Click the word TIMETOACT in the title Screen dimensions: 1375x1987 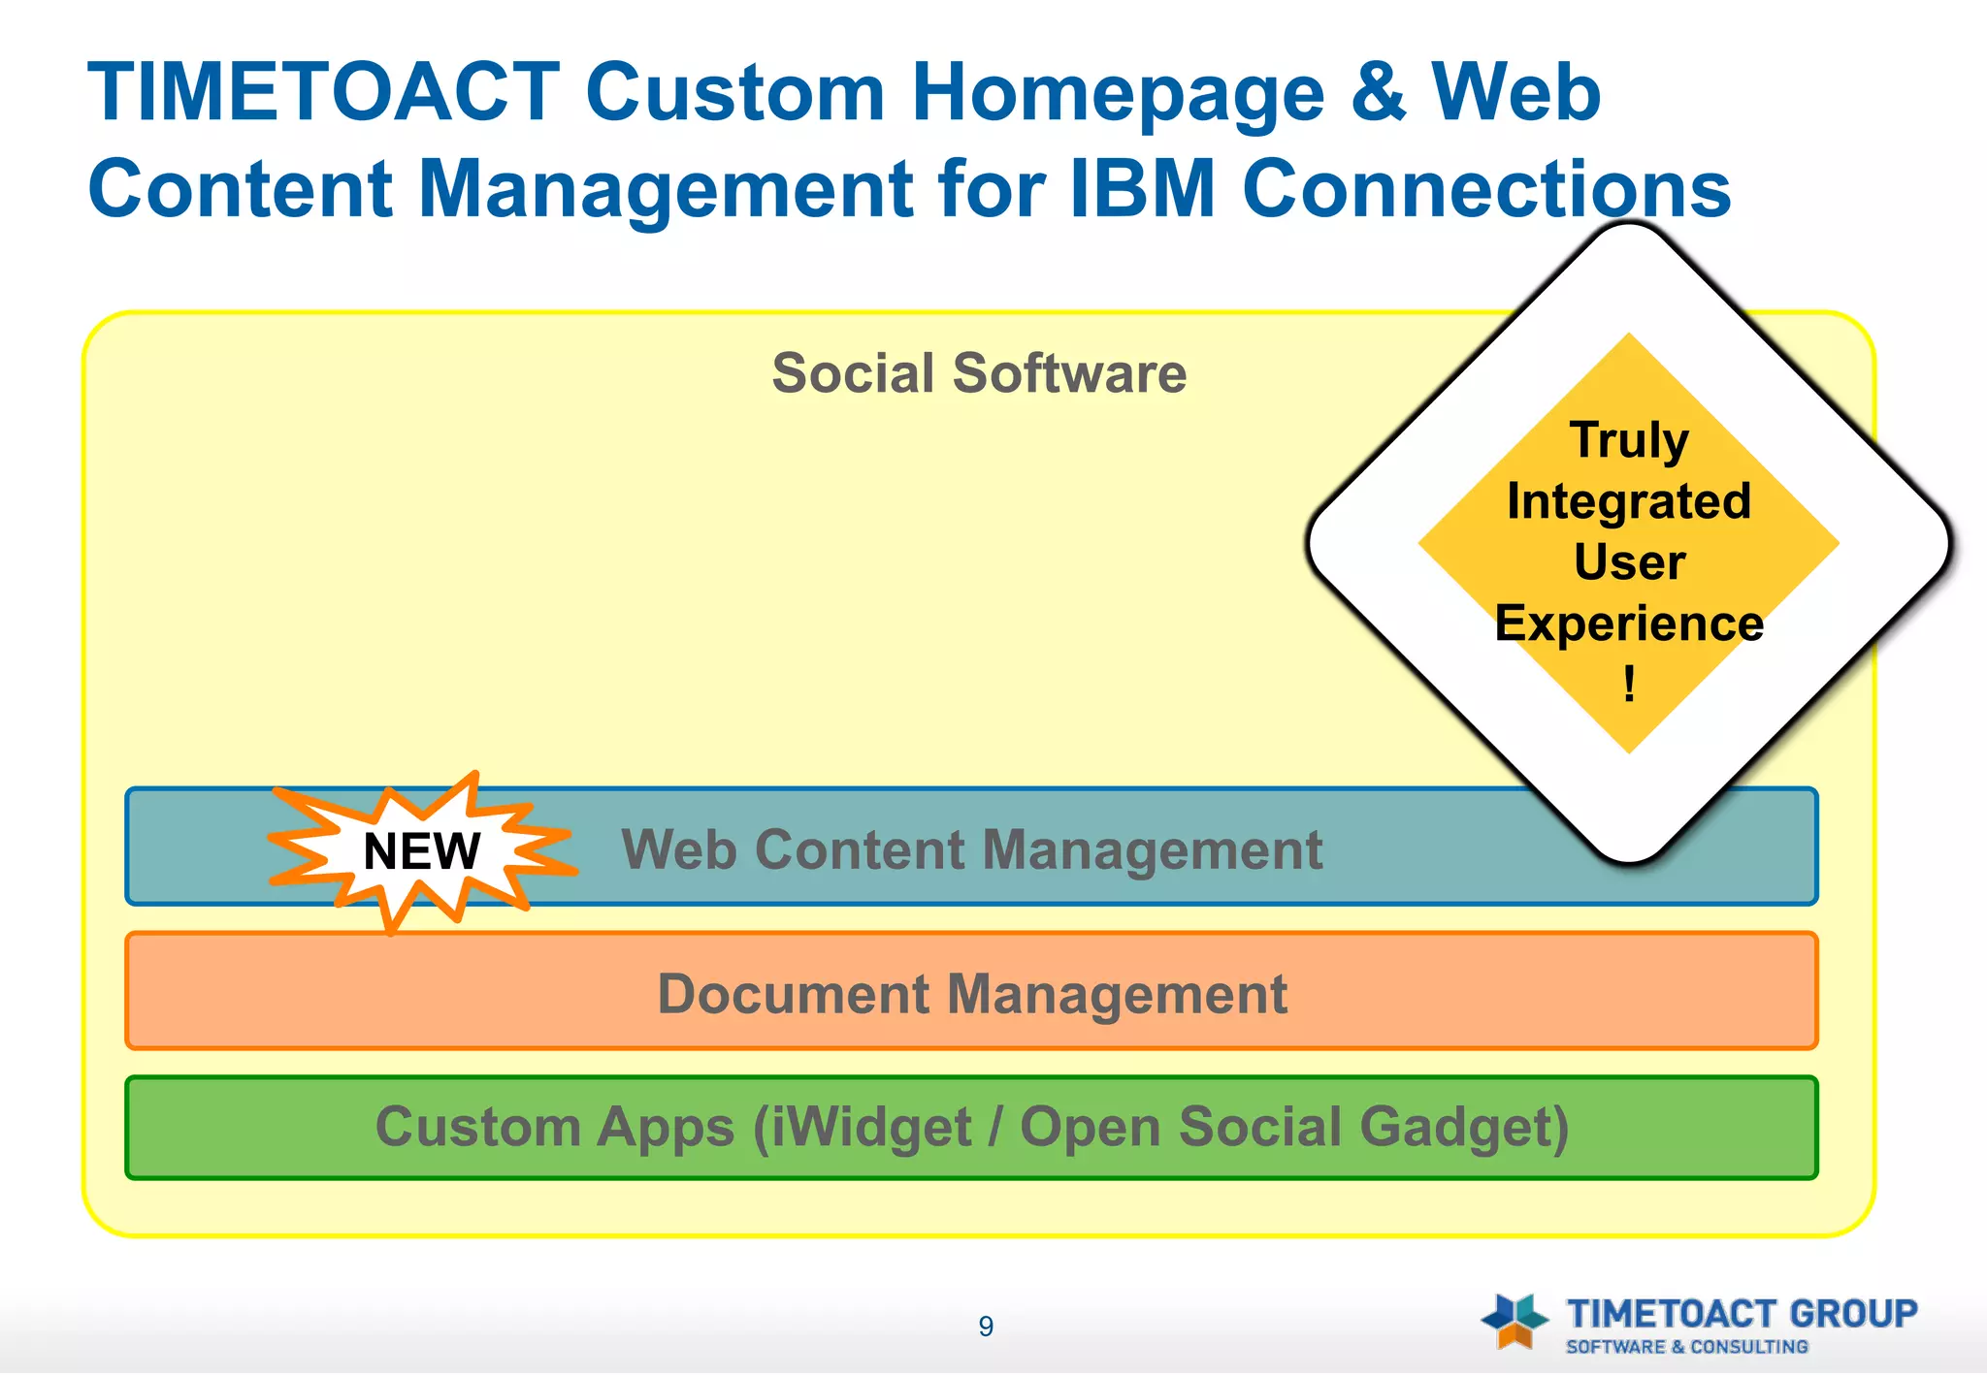(323, 93)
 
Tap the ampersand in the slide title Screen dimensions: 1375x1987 (1378, 93)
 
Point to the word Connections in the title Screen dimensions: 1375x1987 (1486, 189)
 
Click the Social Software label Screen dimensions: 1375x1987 (979, 373)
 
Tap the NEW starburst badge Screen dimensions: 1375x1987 (421, 852)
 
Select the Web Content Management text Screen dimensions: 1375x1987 (971, 850)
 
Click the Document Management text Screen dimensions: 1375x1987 (971, 995)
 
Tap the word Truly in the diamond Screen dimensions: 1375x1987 (1629, 440)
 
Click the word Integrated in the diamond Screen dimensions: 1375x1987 (1629, 501)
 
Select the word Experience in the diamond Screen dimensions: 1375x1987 (1629, 624)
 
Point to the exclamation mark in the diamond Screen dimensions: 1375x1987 (1629, 684)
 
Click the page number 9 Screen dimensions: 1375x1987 (986, 1327)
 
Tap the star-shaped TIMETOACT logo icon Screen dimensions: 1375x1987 (1514, 1321)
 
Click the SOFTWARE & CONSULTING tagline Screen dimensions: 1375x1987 (1686, 1347)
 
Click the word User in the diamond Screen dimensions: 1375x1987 (1629, 562)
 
